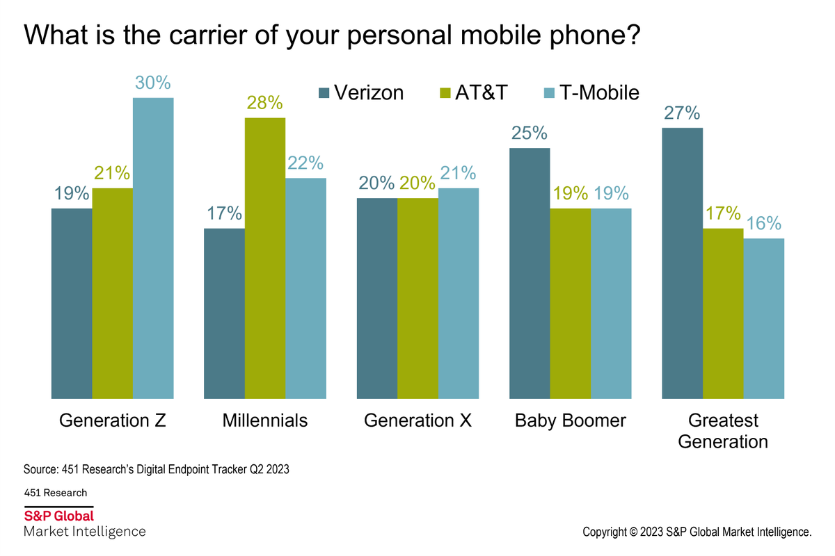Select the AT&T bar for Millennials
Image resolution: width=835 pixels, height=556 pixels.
265,258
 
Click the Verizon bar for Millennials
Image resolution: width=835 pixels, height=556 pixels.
224,313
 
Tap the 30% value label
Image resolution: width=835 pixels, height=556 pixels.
153,83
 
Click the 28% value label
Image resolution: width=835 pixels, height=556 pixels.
265,103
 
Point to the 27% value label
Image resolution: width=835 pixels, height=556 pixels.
682,113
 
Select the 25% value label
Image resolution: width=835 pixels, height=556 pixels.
530,133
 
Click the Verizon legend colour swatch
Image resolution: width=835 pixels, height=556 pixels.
324,92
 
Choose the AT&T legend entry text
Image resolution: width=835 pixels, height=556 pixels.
482,92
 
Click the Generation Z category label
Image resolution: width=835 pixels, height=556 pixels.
113,420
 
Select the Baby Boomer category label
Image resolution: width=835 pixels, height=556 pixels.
571,420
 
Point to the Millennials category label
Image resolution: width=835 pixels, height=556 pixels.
265,420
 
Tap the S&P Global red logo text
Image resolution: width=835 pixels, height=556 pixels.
59,516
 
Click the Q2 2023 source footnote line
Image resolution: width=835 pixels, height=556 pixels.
156,469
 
